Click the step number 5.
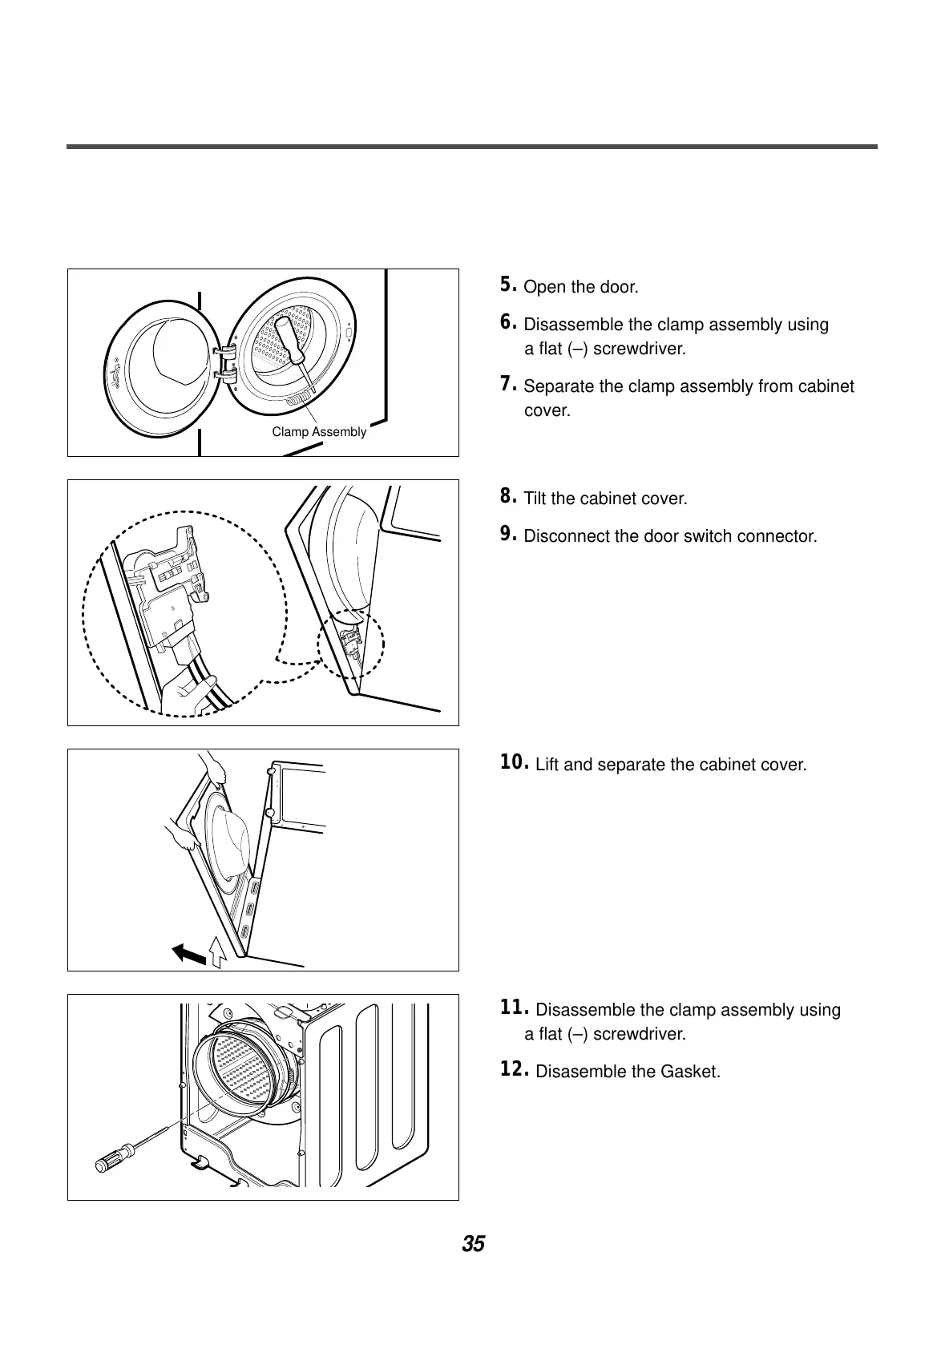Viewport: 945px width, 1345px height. pyautogui.click(x=506, y=285)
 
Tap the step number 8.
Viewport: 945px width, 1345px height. pyautogui.click(x=506, y=496)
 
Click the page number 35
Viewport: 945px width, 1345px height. pyautogui.click(x=473, y=1245)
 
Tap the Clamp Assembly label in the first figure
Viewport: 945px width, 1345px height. pyautogui.click(x=319, y=432)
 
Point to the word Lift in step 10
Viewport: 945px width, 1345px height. pyautogui.click(x=548, y=765)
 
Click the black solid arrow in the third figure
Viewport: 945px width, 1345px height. pyautogui.click(x=189, y=953)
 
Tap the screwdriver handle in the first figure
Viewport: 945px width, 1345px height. pyautogui.click(x=288, y=337)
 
